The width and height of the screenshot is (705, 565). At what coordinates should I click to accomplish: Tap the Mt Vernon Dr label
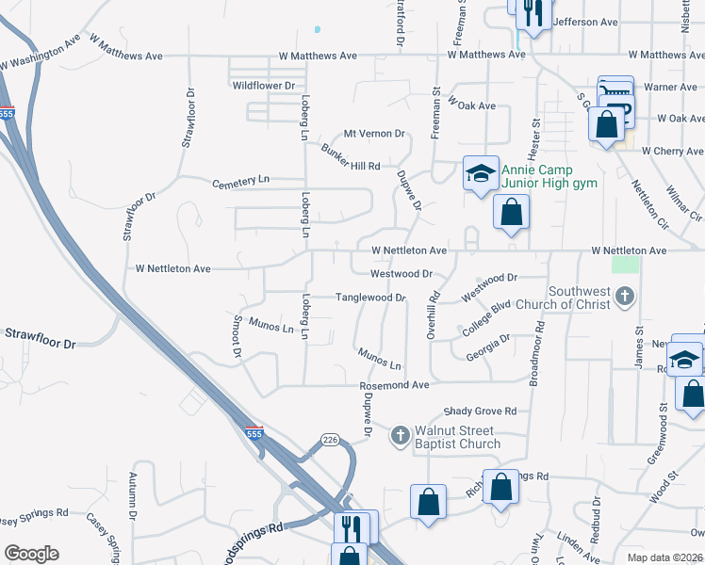374,135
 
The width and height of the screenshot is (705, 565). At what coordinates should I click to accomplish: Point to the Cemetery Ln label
240,181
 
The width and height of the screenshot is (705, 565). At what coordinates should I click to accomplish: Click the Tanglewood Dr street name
371,298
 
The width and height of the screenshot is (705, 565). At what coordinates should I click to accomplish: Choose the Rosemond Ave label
393,385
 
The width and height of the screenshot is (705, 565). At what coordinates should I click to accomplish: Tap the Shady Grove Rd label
481,412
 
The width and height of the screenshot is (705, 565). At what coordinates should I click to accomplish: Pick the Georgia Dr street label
488,347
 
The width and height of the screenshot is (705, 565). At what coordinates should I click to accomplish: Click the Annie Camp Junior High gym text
549,176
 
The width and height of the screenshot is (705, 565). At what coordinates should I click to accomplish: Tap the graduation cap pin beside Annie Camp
480,174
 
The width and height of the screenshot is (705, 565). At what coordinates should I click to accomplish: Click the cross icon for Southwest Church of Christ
623,299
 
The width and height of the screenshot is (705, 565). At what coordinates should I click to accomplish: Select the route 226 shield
329,440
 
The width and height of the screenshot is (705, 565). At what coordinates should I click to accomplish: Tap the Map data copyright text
664,557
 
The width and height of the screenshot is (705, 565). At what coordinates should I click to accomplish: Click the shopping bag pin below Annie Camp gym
511,212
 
